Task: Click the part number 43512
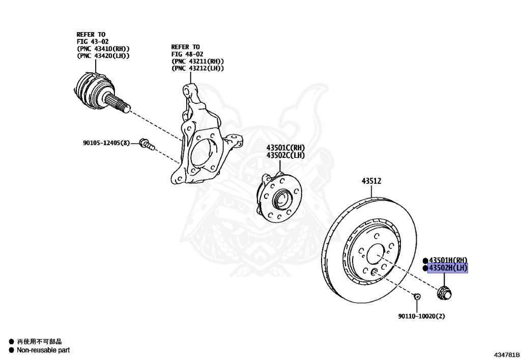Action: click(371, 181)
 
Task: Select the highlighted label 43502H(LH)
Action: click(448, 268)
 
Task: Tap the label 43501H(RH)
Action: click(448, 260)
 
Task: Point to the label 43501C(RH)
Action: click(285, 148)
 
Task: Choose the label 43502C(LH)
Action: click(285, 155)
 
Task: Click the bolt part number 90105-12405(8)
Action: click(106, 143)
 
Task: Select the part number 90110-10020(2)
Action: click(421, 316)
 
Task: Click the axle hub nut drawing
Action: click(445, 293)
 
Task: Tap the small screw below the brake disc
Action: click(416, 296)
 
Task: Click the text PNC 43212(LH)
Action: click(198, 68)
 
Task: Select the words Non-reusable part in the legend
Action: click(43, 350)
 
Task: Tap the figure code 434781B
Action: click(506, 353)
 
